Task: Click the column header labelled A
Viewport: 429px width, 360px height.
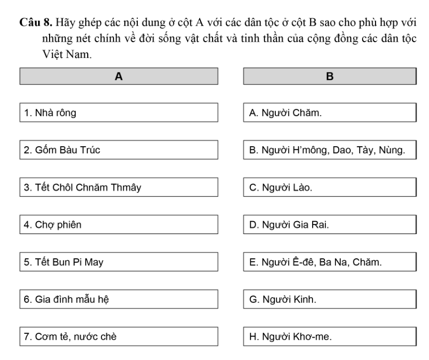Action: coord(119,76)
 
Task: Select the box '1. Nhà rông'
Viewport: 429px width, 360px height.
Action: coord(119,113)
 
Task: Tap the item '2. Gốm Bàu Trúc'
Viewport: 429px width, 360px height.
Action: coord(119,150)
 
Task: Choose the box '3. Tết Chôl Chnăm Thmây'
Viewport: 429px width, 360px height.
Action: coord(119,187)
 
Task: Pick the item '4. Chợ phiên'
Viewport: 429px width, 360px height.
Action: coord(119,225)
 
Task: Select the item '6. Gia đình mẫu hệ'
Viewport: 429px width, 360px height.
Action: coord(119,300)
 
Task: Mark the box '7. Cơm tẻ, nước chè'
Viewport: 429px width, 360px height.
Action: coord(119,337)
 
